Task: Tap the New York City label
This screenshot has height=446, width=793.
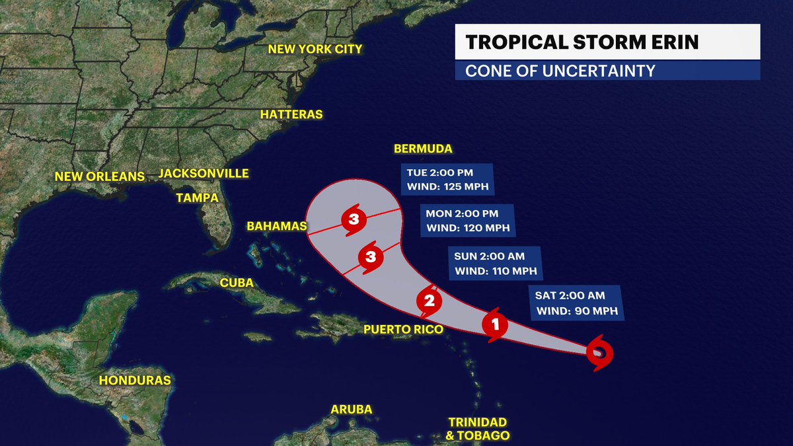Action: point(315,50)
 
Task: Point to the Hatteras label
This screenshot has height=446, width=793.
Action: point(291,114)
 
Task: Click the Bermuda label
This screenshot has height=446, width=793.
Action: point(422,149)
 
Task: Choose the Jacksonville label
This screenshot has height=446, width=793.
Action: point(204,174)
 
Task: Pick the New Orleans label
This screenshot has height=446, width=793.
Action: point(99,176)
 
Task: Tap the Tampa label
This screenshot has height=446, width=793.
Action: point(197,198)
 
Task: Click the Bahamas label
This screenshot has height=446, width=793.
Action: point(277,227)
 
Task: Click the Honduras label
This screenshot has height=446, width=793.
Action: point(135,380)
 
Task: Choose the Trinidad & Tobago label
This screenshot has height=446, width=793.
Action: point(478,429)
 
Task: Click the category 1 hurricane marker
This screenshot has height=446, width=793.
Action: point(495,324)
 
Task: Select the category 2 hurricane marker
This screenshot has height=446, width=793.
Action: point(428,302)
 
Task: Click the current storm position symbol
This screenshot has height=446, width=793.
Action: point(599,353)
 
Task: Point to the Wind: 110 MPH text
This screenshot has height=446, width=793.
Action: point(494,271)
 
